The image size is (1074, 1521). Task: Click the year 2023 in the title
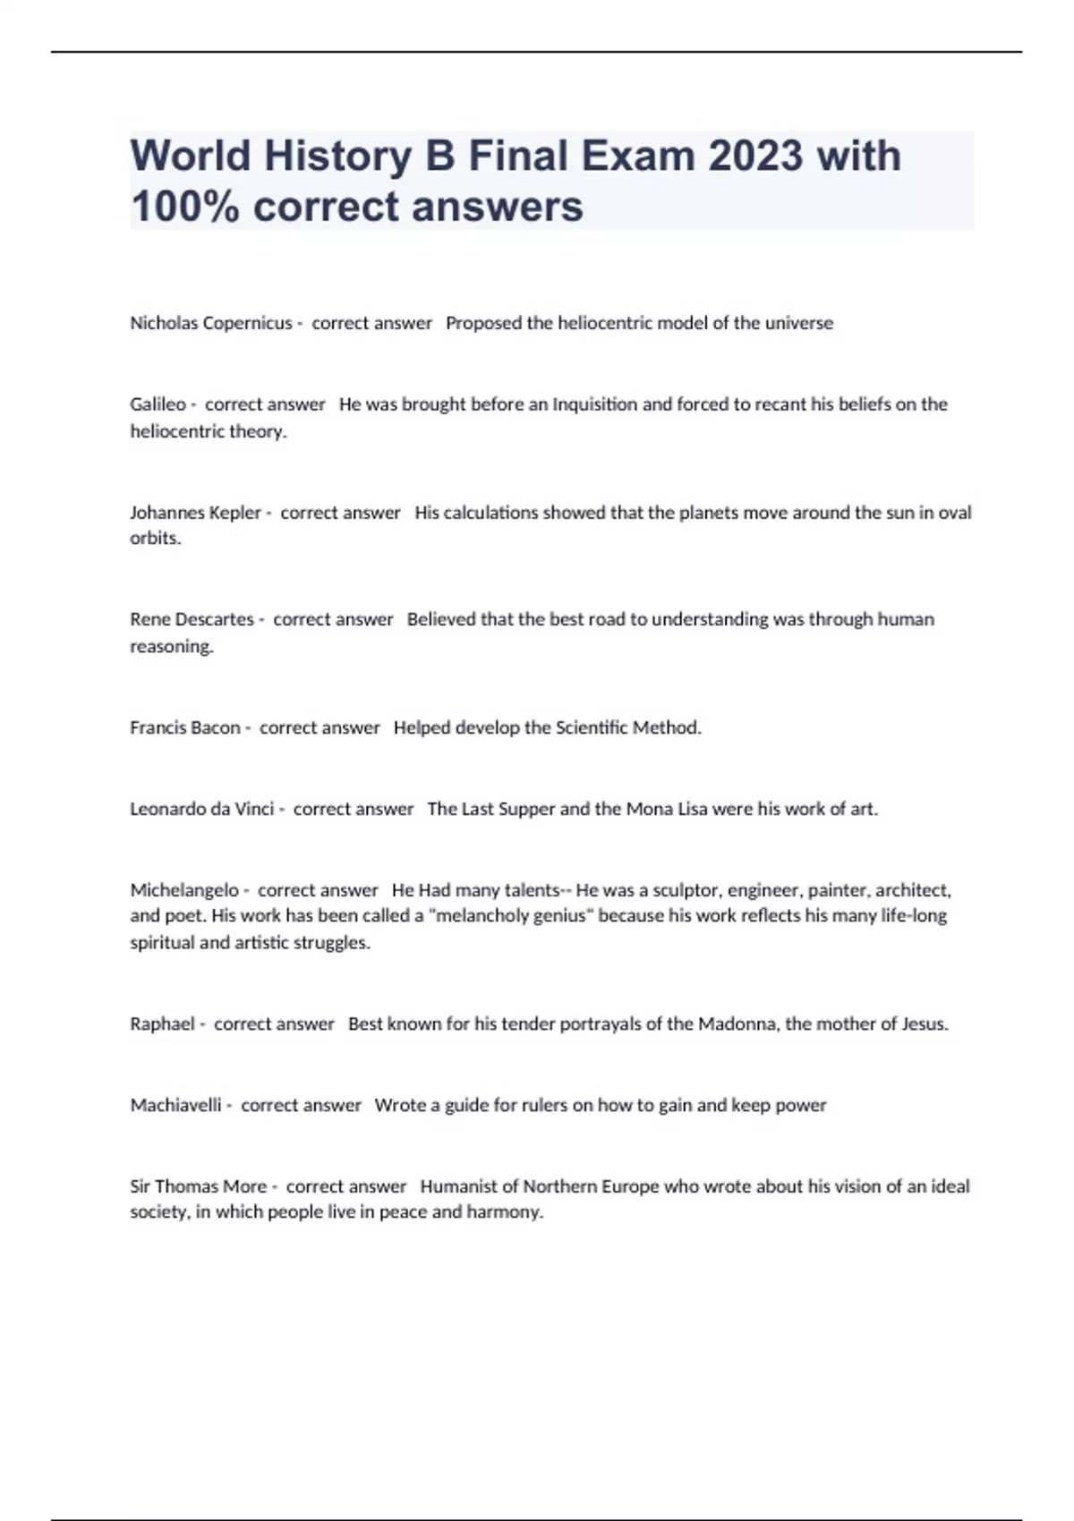(x=754, y=156)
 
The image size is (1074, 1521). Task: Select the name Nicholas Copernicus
(x=210, y=323)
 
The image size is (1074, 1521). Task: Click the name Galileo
(x=158, y=404)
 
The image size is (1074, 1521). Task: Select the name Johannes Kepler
(x=195, y=513)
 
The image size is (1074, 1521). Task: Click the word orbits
(x=155, y=539)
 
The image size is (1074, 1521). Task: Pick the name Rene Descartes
(x=192, y=619)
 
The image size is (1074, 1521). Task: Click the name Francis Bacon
(x=184, y=727)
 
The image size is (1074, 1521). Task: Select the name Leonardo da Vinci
(x=201, y=809)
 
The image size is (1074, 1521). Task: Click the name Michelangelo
(x=183, y=890)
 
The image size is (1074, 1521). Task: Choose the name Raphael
(x=162, y=1024)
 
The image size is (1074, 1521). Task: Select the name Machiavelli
(x=175, y=1105)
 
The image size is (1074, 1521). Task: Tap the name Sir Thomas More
(x=198, y=1186)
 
